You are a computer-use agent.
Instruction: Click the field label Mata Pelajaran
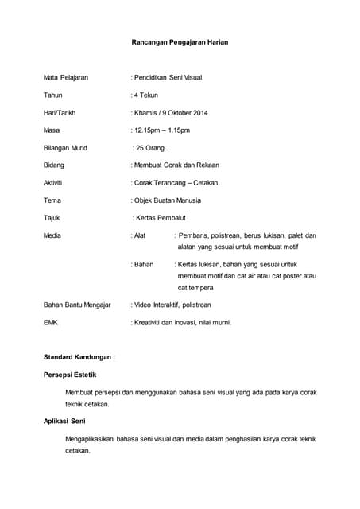click(x=66, y=78)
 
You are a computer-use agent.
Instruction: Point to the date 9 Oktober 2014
click(x=188, y=113)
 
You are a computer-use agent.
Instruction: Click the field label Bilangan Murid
click(x=65, y=148)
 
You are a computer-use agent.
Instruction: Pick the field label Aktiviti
click(x=54, y=183)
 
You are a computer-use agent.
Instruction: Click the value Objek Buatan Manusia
click(x=168, y=200)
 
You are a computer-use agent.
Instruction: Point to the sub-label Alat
click(x=139, y=235)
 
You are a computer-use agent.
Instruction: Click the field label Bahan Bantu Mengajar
click(x=76, y=305)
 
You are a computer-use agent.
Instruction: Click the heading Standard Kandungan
click(x=79, y=358)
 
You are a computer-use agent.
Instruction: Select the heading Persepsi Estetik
click(x=70, y=375)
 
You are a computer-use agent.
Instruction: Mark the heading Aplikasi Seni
click(x=64, y=421)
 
